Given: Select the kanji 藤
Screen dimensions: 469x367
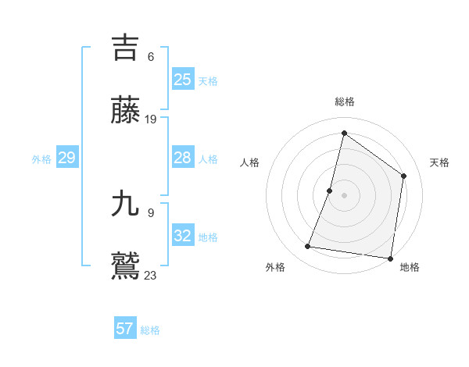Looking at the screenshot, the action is [x=125, y=110].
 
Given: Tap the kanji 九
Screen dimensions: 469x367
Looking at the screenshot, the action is [x=125, y=204].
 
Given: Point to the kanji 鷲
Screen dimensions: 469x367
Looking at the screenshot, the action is [x=125, y=266].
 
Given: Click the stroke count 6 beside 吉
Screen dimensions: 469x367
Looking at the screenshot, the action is [x=151, y=56].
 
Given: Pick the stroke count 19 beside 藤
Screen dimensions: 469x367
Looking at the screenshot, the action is [x=151, y=119].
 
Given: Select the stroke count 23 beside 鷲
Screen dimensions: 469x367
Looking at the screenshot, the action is [x=151, y=275].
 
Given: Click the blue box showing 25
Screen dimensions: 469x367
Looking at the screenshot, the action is [x=182, y=80].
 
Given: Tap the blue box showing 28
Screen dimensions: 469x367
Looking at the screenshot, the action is [x=182, y=158].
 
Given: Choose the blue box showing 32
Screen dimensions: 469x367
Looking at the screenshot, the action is [x=182, y=236].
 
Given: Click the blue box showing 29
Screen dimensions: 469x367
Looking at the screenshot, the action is [x=66, y=158].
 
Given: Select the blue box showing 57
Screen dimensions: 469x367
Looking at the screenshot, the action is [x=124, y=329].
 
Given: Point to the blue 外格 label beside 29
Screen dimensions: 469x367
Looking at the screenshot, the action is [x=41, y=159].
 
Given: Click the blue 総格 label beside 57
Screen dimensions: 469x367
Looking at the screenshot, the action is [x=150, y=330].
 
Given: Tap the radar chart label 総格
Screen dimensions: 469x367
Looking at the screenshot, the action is [x=345, y=102].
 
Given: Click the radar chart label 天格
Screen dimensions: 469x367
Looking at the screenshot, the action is [x=440, y=162].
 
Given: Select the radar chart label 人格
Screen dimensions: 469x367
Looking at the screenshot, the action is [x=249, y=162].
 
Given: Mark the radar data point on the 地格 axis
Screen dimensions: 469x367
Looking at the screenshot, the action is [x=390, y=258].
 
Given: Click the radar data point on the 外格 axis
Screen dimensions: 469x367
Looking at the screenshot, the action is [x=308, y=247].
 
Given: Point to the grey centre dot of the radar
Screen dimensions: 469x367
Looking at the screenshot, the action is [x=345, y=195].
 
